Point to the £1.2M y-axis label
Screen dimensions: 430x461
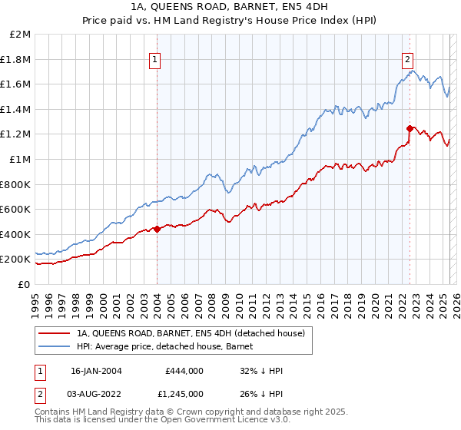pyautogui.click(x=17, y=134)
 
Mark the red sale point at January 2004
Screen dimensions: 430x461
pyautogui.click(x=157, y=228)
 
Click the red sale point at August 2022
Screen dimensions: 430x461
pyautogui.click(x=410, y=128)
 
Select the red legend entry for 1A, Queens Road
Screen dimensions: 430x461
pyautogui.click(x=191, y=333)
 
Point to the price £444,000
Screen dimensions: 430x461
pyautogui.click(x=183, y=371)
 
